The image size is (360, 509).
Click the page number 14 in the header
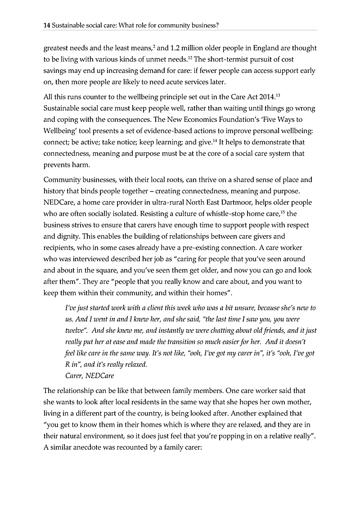[46, 26]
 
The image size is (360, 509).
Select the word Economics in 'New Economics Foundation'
[216, 120]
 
